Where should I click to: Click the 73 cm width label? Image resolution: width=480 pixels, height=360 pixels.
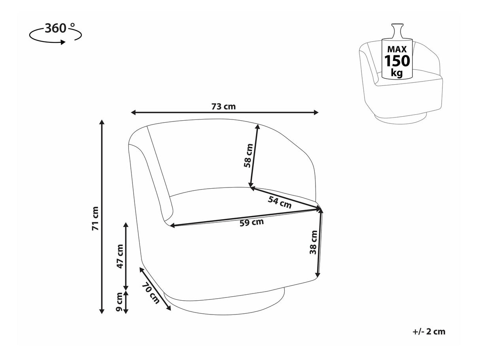tap(223, 106)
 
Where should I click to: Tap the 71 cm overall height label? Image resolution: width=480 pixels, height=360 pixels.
tap(96, 218)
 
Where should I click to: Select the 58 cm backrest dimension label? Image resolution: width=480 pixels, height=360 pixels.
tap(248, 155)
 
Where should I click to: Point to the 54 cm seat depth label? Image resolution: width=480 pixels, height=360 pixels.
tap(280, 202)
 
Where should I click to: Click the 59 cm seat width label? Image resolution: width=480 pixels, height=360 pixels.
tap(252, 222)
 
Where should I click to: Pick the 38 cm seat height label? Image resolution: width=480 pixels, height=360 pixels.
tap(313, 242)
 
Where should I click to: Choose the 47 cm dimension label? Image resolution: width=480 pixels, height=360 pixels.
tap(120, 256)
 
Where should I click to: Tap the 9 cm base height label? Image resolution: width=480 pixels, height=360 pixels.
tap(119, 302)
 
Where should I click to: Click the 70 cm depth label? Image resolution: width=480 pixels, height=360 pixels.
tap(151, 293)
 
